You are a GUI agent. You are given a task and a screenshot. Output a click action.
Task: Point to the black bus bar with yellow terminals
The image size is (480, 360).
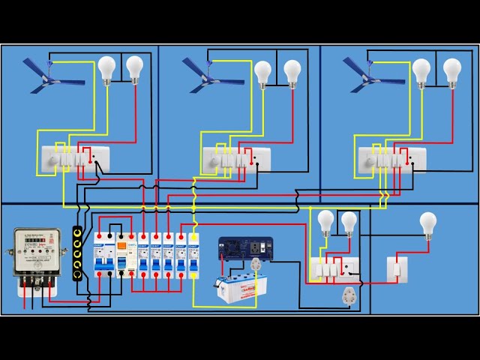tap(77, 253)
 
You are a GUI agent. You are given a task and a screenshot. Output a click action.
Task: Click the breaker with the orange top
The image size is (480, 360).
tap(122, 255)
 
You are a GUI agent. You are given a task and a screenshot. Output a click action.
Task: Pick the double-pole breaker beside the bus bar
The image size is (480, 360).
tap(103, 255)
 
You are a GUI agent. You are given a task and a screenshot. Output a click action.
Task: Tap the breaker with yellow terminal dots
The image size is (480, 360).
tap(193, 255)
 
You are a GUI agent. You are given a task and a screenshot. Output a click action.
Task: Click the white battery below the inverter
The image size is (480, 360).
tap(242, 288)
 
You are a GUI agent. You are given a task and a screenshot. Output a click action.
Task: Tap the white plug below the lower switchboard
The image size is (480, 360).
tap(347, 294)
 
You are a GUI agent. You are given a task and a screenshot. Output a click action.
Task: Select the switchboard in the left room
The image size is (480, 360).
tap(74, 159)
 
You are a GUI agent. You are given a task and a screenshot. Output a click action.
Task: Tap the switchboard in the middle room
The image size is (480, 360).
tap(236, 159)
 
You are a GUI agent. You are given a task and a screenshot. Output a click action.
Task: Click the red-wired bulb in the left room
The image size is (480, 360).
tap(134, 69)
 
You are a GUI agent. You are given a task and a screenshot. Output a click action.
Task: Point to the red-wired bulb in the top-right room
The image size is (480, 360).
tap(451, 72)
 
